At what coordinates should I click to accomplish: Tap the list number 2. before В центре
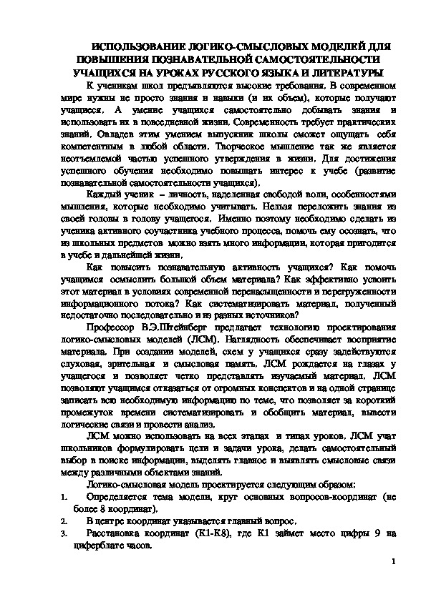(62, 520)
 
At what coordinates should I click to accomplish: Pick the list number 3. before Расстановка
(62, 533)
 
